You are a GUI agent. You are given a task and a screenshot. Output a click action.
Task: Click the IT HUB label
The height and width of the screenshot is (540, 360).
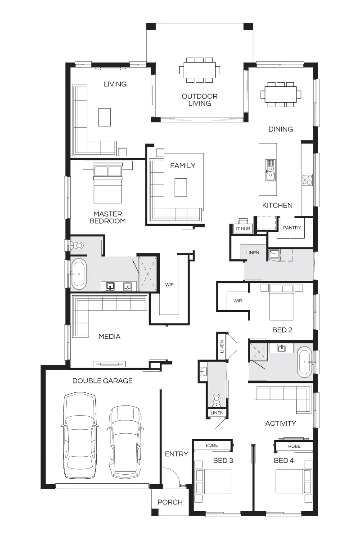click(x=243, y=229)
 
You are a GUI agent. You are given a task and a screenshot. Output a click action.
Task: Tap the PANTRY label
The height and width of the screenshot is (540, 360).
click(x=292, y=228)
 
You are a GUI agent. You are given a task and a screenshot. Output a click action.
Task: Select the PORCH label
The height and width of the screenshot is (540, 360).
click(x=170, y=502)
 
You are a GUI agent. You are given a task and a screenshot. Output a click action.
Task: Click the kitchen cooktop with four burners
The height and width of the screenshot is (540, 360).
click(x=307, y=180)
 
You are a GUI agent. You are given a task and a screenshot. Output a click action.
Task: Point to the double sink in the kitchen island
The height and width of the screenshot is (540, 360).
click(x=270, y=170)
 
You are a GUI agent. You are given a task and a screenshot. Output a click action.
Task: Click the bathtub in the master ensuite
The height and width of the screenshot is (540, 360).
click(x=79, y=274)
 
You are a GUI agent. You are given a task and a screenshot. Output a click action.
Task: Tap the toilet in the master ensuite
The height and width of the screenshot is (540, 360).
click(x=76, y=246)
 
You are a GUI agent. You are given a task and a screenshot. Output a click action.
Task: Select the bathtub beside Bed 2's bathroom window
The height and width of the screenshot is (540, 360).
click(x=305, y=362)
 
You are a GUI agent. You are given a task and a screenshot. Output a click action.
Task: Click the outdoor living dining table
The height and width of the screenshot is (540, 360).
click(x=199, y=70)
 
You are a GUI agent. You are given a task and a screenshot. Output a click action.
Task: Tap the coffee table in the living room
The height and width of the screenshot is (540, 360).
click(x=104, y=117)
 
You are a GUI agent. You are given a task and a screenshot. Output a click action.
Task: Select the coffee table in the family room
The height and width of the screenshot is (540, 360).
click(x=181, y=187)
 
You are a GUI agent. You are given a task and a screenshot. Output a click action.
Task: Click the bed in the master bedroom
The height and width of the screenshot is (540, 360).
click(x=108, y=183)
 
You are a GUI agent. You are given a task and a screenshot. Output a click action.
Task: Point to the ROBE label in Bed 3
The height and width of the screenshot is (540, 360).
click(x=211, y=445)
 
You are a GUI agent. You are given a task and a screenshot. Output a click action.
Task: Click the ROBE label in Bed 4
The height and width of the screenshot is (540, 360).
click(x=294, y=446)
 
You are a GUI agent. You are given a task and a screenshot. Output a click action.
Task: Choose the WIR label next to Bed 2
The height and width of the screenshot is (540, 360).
click(x=238, y=301)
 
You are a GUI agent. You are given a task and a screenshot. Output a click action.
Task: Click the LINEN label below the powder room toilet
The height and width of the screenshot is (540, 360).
click(x=217, y=413)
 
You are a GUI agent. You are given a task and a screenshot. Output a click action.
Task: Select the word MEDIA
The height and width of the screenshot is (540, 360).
click(x=109, y=336)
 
